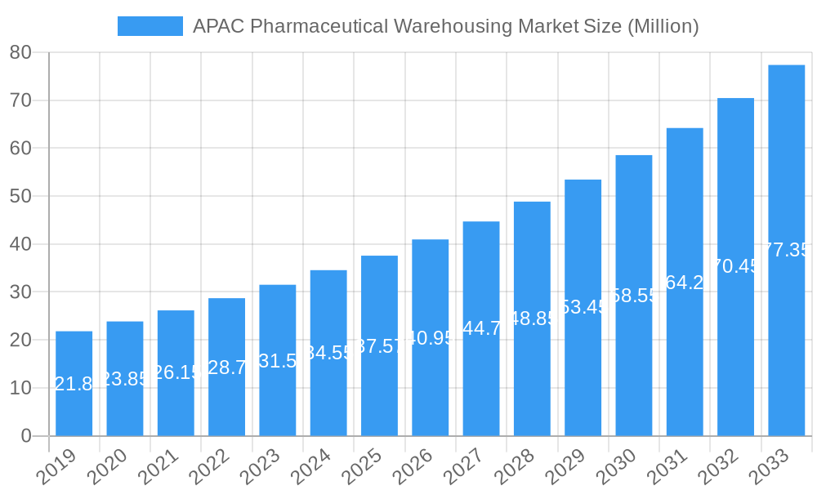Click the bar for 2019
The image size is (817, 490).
[x=74, y=383]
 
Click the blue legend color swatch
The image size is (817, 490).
[x=150, y=26]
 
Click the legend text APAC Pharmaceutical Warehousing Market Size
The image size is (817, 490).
[x=445, y=26]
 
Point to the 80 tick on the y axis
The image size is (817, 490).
[x=20, y=52]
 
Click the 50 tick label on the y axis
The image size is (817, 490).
[x=20, y=196]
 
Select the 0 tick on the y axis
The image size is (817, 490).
[x=25, y=436]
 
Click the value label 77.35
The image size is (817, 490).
[x=786, y=250]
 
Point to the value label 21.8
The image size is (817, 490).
[x=74, y=384]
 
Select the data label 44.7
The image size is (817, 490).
[x=481, y=328]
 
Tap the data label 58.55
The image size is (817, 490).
[x=634, y=296]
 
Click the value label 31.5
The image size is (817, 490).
[x=277, y=360]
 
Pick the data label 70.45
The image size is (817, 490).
[x=735, y=266]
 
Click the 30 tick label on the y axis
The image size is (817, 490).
[x=20, y=292]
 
